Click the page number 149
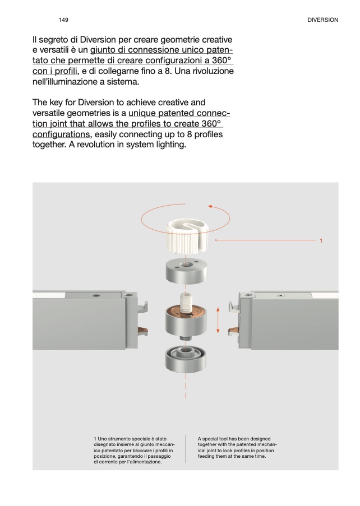tap(63, 20)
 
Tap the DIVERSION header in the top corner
tap(323, 20)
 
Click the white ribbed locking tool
tap(187, 235)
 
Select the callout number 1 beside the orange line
tap(321, 240)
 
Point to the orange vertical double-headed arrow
tap(218, 320)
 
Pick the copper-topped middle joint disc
tap(186, 321)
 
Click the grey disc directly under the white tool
tap(186, 272)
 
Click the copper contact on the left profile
tap(142, 330)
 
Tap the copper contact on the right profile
tap(233, 330)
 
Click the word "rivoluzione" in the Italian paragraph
tap(213, 71)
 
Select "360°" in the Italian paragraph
tap(222, 61)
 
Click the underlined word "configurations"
tap(61, 134)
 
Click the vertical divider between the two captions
tap(186, 449)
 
